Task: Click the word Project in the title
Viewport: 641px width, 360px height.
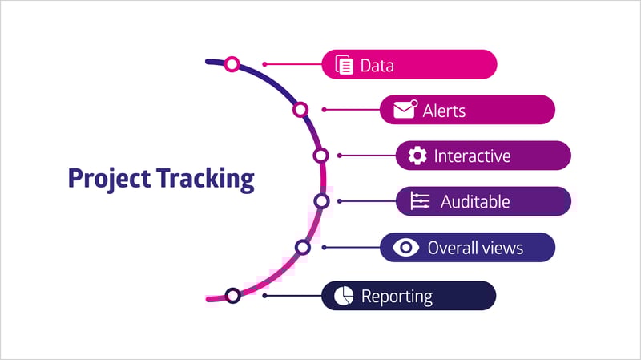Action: (109, 179)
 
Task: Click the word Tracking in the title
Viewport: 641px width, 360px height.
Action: (206, 179)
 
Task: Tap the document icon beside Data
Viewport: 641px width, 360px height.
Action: (345, 65)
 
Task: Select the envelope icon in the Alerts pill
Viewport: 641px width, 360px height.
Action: (405, 109)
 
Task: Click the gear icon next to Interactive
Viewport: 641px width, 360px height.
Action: (417, 156)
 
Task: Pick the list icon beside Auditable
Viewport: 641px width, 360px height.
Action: (420, 201)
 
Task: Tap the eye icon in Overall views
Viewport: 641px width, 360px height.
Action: (405, 248)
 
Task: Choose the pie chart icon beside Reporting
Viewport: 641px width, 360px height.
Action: (344, 296)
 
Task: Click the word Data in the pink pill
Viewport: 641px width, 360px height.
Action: (377, 66)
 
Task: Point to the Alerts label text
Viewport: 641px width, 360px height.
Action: (444, 111)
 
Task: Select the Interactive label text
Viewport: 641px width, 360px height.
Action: (472, 156)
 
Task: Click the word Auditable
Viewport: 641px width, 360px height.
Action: (475, 202)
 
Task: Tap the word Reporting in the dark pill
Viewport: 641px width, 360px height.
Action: (397, 297)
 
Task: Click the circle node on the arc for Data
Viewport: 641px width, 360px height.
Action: (232, 64)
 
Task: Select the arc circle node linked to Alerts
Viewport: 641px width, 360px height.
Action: (300, 110)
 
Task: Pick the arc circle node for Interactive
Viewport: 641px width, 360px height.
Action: (321, 156)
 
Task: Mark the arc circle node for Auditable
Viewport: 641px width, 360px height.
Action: (322, 201)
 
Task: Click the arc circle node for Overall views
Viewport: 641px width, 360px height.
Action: (303, 248)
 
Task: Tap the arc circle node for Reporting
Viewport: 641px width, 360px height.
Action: (233, 295)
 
